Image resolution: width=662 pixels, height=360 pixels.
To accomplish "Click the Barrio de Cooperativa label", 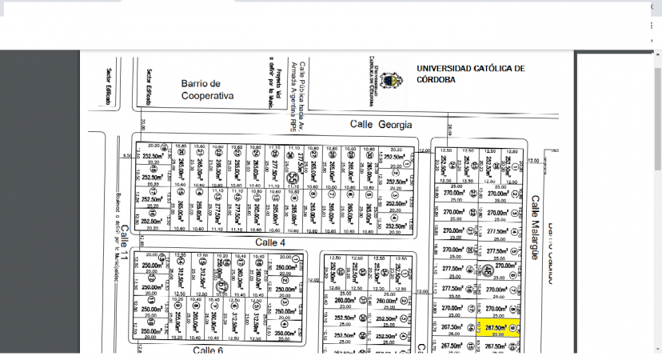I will [x=207, y=89].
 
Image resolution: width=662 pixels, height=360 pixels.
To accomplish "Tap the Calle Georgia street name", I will [x=381, y=125].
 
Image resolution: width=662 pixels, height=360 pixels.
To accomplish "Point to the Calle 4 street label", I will [x=270, y=242].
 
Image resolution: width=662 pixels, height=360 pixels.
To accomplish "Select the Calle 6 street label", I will [x=207, y=350].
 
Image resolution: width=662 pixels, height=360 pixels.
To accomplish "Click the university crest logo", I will [x=389, y=79].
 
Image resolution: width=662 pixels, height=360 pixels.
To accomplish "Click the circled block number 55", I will [x=293, y=180].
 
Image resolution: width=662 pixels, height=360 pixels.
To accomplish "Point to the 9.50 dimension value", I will [x=126, y=156].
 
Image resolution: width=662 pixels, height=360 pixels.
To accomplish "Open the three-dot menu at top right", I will [x=652, y=26].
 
